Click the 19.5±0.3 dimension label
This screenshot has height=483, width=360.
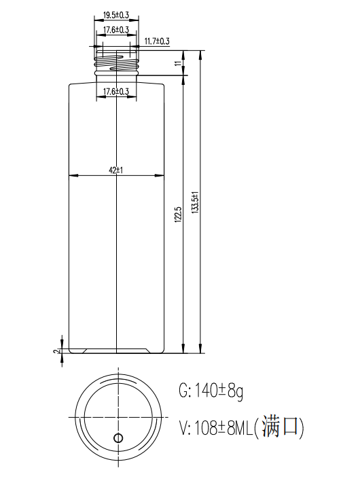click(x=116, y=15)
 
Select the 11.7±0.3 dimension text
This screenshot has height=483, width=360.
click(x=157, y=41)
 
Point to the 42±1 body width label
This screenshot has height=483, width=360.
click(x=115, y=170)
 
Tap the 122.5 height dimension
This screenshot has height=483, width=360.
click(x=179, y=215)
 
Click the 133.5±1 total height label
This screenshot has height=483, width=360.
click(x=196, y=202)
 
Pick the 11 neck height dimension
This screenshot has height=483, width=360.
click(x=178, y=63)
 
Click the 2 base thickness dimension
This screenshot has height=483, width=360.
click(x=56, y=351)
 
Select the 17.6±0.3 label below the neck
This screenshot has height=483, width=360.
click(x=116, y=92)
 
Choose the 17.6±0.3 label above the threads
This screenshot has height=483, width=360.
click(x=116, y=30)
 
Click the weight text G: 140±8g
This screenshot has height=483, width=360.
click(x=211, y=391)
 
